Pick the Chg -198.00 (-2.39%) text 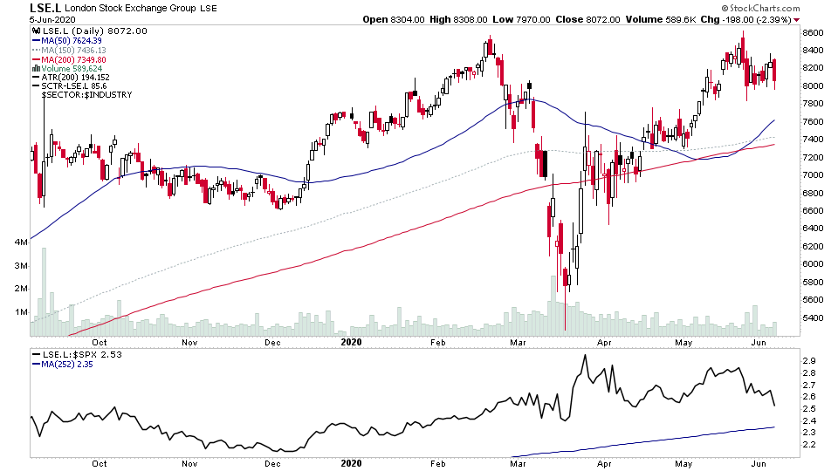[749, 19]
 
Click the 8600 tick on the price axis [814, 32]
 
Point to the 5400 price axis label [814, 317]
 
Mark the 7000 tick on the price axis [814, 175]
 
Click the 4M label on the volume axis [19, 241]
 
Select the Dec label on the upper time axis [273, 343]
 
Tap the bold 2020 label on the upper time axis [351, 343]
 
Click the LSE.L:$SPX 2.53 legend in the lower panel [76, 356]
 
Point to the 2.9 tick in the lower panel [810, 360]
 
